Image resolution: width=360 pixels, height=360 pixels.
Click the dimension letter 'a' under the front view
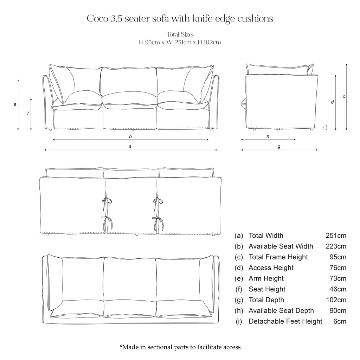[130, 147]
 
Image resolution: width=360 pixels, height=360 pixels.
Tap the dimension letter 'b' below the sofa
[130, 136]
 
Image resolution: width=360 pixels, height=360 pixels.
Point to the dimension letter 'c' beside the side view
[344, 97]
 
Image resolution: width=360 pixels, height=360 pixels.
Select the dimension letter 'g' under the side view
[279, 147]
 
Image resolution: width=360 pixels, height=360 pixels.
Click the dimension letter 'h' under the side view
[268, 136]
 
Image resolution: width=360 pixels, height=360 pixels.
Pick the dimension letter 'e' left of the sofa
[15, 104]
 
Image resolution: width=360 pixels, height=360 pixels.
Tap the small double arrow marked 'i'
[326, 128]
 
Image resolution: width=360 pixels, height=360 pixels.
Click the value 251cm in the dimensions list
[336, 236]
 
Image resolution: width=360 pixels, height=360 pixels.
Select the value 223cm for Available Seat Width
[336, 246]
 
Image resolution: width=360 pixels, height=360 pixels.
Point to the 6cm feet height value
[340, 321]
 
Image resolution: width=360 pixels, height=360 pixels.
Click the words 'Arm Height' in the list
[266, 278]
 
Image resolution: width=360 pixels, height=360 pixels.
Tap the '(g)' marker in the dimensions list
[239, 300]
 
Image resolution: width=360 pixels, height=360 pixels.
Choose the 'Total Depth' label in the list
[266, 300]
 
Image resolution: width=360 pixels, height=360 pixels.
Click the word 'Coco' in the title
[98, 19]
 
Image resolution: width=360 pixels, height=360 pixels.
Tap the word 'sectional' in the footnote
[160, 347]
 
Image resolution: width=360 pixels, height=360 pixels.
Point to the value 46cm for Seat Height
[338, 289]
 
